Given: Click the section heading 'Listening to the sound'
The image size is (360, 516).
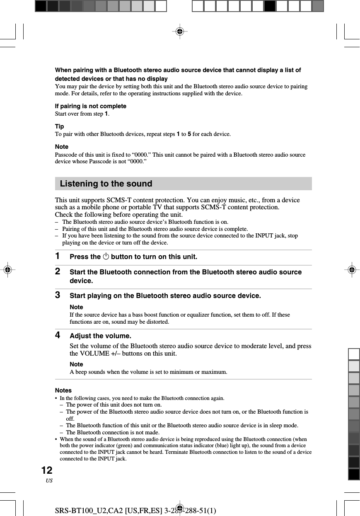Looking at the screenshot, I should point(106,184).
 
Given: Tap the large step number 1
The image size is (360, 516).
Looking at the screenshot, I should point(58,257).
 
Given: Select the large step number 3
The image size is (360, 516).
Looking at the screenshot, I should point(58,296).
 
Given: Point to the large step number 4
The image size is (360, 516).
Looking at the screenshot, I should point(58,335).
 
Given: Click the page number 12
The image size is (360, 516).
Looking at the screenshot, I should point(47,470).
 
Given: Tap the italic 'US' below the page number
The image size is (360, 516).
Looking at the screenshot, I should point(49,480).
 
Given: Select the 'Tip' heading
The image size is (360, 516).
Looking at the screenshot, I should point(60,126).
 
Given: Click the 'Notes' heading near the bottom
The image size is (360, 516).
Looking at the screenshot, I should point(63,390).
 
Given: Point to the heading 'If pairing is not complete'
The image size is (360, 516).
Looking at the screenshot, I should point(91,106).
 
